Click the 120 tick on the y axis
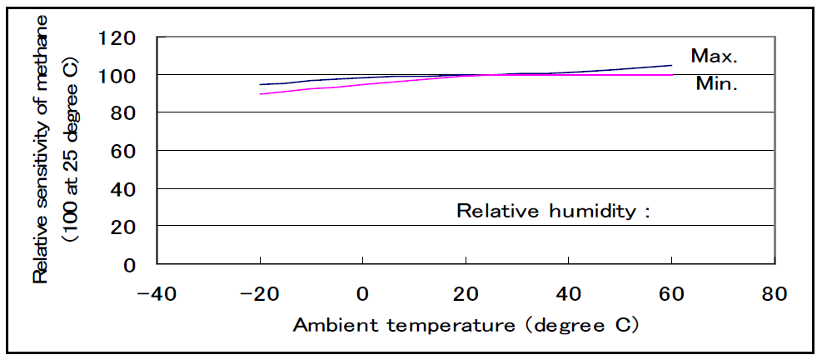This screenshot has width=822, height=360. point(117,37)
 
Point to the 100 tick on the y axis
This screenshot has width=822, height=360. point(117,75)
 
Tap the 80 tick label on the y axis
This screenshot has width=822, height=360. point(122,112)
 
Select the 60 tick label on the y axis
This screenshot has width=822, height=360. point(122,151)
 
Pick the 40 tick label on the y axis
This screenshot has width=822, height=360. point(122,189)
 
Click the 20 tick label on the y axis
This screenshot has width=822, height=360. point(122,227)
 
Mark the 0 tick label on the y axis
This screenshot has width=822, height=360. point(129,265)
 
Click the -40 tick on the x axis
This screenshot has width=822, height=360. point(157,294)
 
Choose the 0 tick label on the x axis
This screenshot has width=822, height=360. point(362,294)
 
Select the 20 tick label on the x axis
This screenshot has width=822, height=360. point(465,294)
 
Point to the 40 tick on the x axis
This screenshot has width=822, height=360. point(568,294)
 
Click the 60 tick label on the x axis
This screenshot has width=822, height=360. point(671,294)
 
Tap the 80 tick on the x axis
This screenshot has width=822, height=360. point(775,294)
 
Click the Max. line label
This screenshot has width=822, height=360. point(715,56)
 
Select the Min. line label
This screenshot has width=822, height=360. point(715,83)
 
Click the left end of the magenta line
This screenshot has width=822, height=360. point(260,93)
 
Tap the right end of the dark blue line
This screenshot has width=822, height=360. point(671,65)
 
